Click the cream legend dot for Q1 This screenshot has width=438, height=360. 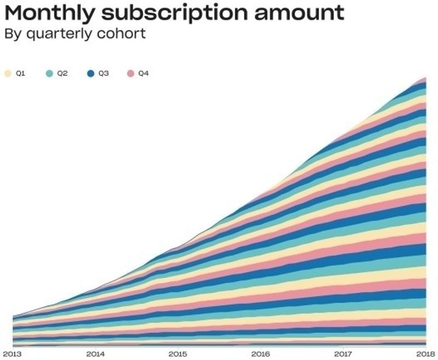pyautogui.click(x=8, y=73)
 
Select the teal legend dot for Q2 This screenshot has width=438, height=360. pyautogui.click(x=49, y=73)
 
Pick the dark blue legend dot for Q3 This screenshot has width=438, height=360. pyautogui.click(x=90, y=73)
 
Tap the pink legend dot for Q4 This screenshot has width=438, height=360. pyautogui.click(x=131, y=73)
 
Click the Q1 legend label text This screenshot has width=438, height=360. pyautogui.click(x=20, y=73)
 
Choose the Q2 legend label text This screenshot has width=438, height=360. pyautogui.click(x=62, y=73)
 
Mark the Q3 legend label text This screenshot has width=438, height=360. pyautogui.click(x=103, y=73)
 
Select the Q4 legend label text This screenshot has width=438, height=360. pyautogui.click(x=143, y=73)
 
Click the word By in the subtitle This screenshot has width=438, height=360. pyautogui.click(x=11, y=34)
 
